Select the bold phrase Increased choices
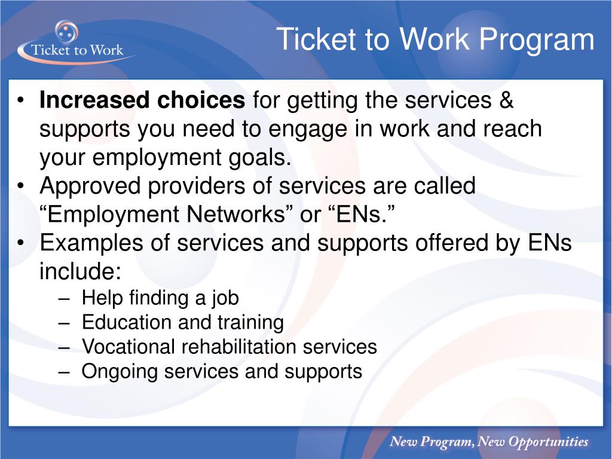[x=142, y=101]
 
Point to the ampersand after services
[x=506, y=101]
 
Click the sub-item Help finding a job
[x=160, y=297]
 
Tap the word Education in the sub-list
[x=127, y=322]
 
